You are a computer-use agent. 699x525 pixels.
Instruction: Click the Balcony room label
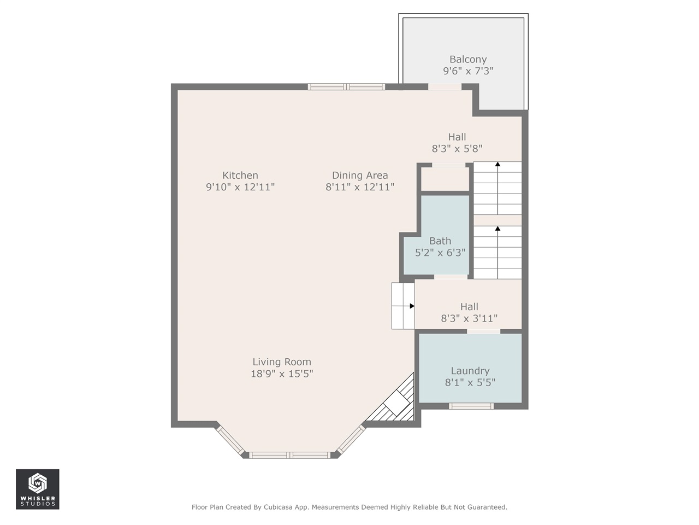468,59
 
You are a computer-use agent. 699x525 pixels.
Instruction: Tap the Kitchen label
240,175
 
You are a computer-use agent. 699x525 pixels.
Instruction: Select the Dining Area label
360,175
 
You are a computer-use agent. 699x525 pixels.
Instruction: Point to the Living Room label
282,361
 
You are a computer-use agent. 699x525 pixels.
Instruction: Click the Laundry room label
470,371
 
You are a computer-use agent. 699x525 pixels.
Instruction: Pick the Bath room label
440,241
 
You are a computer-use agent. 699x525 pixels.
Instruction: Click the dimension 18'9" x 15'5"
282,374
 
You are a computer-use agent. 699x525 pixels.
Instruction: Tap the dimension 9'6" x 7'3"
468,71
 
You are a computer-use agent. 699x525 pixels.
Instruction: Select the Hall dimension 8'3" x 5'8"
457,149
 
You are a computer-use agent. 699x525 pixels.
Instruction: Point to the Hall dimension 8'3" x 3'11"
469,318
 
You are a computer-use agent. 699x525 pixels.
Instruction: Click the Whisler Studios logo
37,489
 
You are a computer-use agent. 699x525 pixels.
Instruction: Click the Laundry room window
471,406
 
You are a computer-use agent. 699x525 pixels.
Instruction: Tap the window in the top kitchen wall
346,86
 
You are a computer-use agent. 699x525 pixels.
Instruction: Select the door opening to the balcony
445,86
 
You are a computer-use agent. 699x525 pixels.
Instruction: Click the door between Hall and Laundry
483,331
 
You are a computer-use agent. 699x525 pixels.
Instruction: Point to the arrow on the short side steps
412,306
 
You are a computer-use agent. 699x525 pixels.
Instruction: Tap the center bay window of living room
290,455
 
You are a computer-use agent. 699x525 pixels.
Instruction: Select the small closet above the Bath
445,179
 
